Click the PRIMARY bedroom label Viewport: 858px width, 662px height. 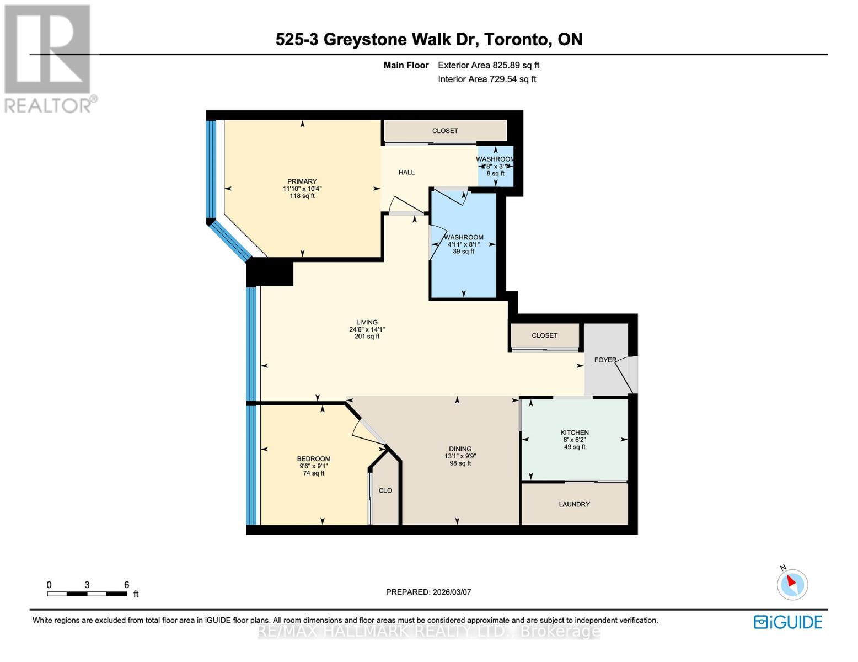[x=302, y=181]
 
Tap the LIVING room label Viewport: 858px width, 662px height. [x=367, y=322]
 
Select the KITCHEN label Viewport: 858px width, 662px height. [x=575, y=433]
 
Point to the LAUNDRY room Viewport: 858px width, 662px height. [x=574, y=504]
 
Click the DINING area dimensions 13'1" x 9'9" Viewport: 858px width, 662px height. [x=460, y=456]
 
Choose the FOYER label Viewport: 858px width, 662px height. [x=605, y=360]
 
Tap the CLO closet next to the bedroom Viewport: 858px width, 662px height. [x=385, y=490]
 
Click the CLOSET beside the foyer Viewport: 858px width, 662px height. [x=544, y=335]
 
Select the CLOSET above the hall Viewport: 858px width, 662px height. [x=445, y=131]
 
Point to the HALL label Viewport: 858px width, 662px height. [x=406, y=172]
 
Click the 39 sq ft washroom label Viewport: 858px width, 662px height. [x=463, y=252]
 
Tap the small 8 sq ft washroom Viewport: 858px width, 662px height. [x=495, y=167]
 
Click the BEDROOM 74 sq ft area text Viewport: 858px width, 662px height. [x=314, y=473]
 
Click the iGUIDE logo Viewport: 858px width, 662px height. [x=788, y=622]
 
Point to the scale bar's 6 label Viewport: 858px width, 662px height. [x=126, y=585]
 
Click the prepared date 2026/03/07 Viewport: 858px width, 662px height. [x=452, y=592]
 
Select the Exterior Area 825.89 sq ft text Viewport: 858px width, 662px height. [x=489, y=65]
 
